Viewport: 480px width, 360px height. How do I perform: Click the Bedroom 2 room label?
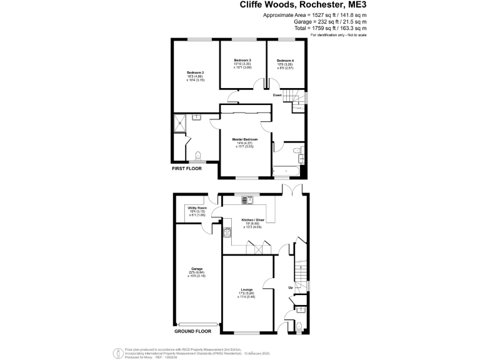coord(195,73)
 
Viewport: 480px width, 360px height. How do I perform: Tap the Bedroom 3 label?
coord(242,60)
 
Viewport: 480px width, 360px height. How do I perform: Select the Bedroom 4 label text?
coord(286,61)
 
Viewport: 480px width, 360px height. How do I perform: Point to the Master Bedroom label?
coord(245,139)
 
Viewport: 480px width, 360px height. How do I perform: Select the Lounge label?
coord(246,291)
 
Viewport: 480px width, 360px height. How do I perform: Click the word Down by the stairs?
coord(277,95)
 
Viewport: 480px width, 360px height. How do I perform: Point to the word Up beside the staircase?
coord(290,287)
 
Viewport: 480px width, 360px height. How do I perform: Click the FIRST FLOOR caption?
coord(187,168)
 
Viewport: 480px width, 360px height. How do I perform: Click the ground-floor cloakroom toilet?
coord(299,326)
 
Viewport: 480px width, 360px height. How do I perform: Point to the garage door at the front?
coord(197,324)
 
